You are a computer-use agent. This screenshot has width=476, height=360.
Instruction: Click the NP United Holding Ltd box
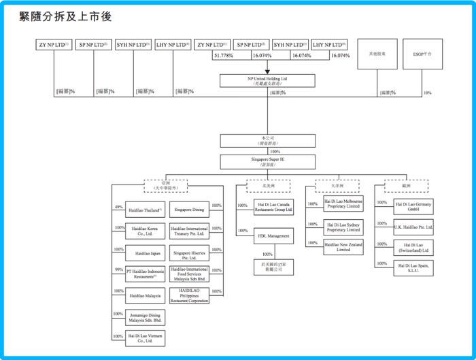click(267, 80)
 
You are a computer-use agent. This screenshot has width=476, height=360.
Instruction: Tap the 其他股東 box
click(377, 53)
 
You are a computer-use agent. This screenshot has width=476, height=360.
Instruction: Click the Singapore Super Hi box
click(267, 162)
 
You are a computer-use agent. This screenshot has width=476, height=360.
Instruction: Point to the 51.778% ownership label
click(224, 56)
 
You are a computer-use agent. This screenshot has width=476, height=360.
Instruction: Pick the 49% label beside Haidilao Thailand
click(118, 207)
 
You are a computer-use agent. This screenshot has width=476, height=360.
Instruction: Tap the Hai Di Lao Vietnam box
click(146, 338)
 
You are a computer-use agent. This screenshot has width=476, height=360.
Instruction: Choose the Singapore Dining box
click(188, 210)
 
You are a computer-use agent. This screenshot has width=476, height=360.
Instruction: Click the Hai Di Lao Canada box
click(274, 206)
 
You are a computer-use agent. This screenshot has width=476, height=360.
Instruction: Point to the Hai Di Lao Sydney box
click(343, 227)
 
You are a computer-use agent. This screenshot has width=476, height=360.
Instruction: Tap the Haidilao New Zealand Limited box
click(343, 247)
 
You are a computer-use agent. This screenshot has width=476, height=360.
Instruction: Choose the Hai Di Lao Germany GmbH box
click(413, 206)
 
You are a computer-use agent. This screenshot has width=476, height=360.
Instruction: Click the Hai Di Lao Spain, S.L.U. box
click(413, 268)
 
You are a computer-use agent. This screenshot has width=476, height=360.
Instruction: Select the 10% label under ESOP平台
click(427, 93)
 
